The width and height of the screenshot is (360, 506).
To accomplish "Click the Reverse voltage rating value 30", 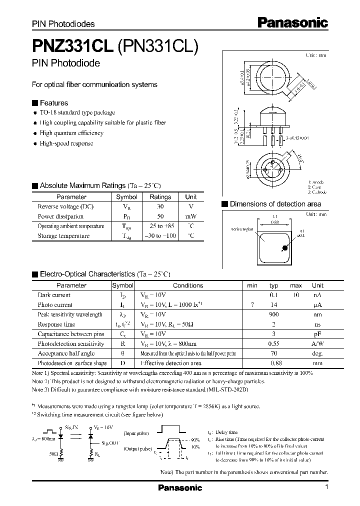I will (160, 206).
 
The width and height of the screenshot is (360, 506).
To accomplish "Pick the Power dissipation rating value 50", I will (160, 216).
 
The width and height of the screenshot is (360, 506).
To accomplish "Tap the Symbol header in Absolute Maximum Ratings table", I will (126, 197).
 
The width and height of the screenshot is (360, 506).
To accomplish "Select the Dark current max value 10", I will (296, 295).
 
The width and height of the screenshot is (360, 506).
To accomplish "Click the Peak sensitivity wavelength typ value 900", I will (273, 314).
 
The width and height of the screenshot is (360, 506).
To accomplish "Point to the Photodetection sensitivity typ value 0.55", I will (273, 344).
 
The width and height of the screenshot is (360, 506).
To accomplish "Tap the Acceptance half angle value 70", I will (273, 353).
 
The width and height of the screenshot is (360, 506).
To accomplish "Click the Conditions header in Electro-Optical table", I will (188, 285).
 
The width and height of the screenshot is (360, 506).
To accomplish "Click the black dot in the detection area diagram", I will (284, 247).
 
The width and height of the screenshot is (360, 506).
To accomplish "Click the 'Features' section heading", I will (53, 102).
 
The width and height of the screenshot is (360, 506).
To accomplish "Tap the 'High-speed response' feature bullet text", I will (66, 143).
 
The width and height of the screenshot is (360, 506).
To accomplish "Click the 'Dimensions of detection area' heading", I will (275, 204).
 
